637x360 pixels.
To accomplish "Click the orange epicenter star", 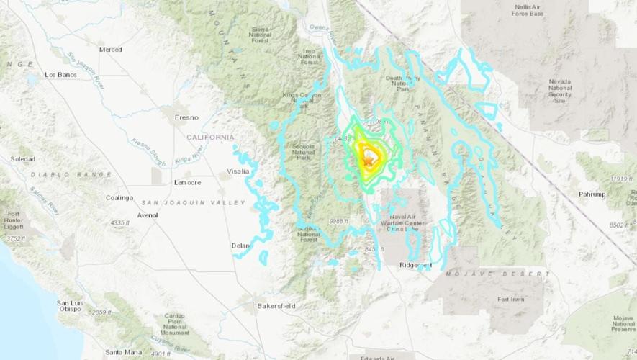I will pos(369,161).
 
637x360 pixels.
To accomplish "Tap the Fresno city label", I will pos(186,117).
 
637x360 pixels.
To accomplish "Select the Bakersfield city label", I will pos(276,306).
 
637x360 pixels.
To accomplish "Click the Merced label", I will pos(111,50).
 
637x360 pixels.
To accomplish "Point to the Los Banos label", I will pos(60,74).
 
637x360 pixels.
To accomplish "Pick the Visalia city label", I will pos(238,171).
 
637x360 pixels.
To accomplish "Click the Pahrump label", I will pos(594,194).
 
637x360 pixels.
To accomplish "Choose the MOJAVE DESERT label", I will pos(497,275).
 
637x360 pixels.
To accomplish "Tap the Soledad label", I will pos(23,158).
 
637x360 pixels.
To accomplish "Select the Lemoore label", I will pos(187,183).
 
